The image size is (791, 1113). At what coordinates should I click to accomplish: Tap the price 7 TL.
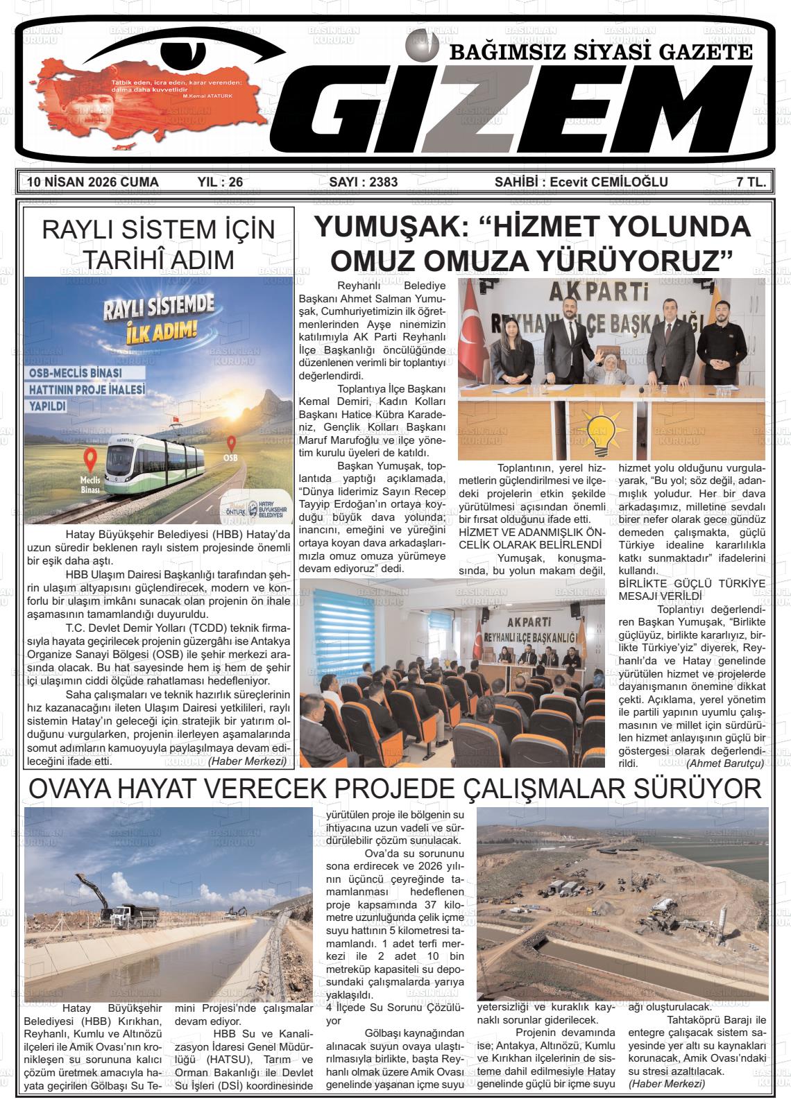pos(751,182)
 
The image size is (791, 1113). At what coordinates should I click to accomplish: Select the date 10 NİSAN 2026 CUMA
pos(92,182)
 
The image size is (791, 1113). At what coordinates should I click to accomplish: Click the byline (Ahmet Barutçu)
pos(724,763)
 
